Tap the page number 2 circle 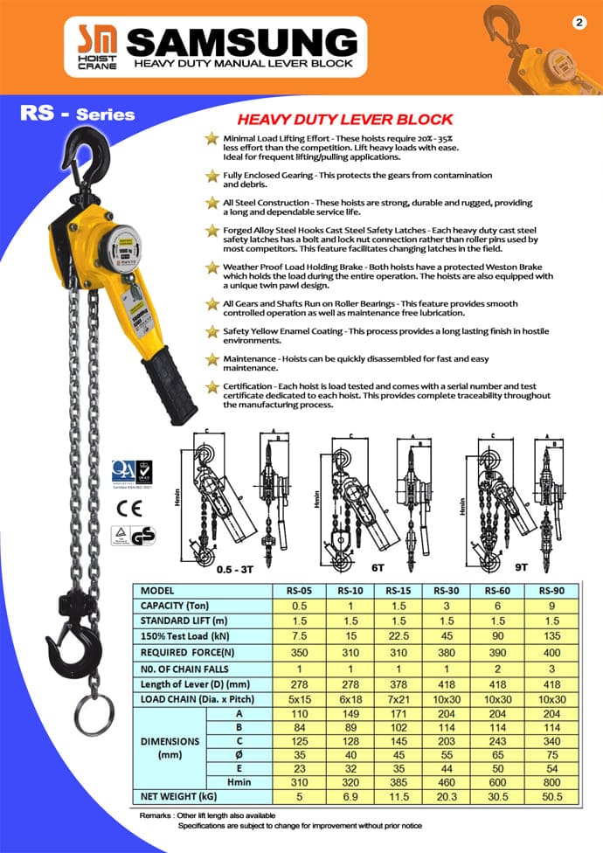point(579,24)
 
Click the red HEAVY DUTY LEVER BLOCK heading point(345,120)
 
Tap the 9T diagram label point(521,567)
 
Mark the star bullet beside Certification point(211,387)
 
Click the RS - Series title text point(77,114)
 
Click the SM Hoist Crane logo point(91,44)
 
